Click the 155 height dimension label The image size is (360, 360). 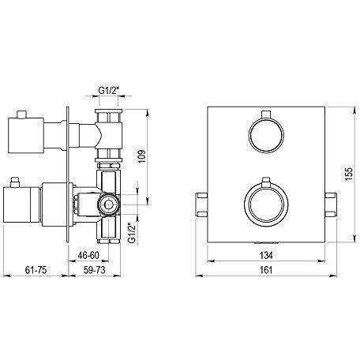[348, 174]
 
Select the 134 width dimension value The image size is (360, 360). [266, 255]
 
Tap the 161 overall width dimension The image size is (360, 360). [266, 270]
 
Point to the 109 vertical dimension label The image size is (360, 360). [142, 156]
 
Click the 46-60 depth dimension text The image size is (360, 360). [88, 255]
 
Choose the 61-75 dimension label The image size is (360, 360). [36, 270]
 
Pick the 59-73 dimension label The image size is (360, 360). [94, 270]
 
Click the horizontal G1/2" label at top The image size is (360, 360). [109, 90]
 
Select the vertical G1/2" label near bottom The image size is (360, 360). [132, 233]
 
